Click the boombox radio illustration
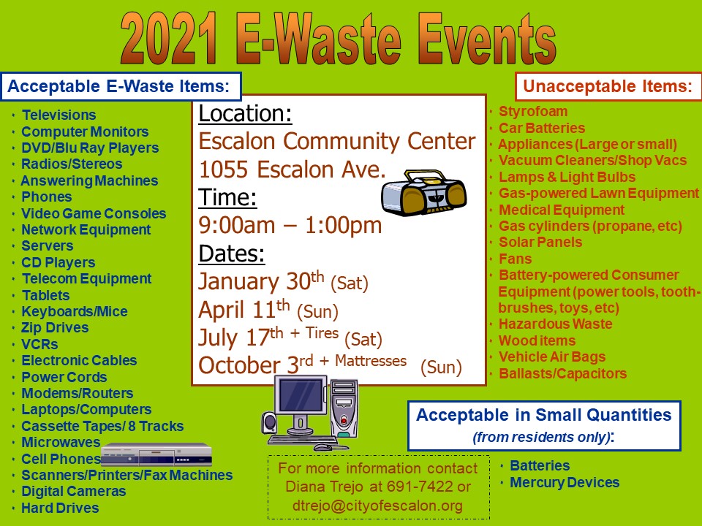tap(423, 192)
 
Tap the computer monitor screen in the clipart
tap(301, 395)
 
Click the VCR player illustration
tap(156, 455)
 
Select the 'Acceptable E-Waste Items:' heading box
tap(121, 86)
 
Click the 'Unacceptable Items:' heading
tap(608, 86)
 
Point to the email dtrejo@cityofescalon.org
tap(377, 506)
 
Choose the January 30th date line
tap(284, 281)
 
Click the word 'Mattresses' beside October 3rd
tap(371, 360)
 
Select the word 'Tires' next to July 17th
tap(322, 333)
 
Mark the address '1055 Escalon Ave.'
tap(292, 169)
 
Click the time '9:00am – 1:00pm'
tap(290, 225)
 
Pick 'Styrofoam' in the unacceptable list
tap(533, 111)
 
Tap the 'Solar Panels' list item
tap(540, 242)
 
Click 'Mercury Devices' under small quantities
tap(565, 482)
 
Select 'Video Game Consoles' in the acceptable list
tap(94, 213)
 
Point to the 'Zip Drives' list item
tap(55, 327)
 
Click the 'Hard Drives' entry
tap(60, 508)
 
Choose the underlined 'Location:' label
tap(246, 114)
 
